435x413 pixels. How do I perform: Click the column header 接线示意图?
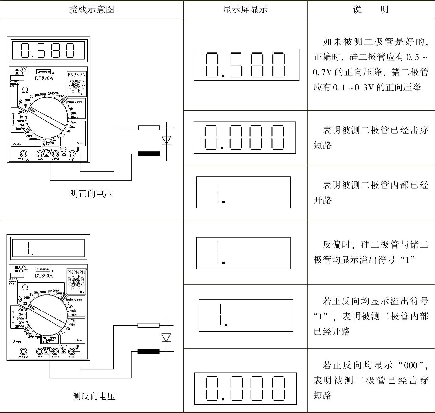click(x=91, y=10)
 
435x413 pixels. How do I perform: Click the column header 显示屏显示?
click(x=245, y=10)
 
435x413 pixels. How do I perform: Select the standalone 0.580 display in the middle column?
click(x=246, y=65)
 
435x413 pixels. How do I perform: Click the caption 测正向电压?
click(x=91, y=194)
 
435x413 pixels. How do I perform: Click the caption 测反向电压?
click(x=94, y=396)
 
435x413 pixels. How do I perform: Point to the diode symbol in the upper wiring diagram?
click(x=166, y=140)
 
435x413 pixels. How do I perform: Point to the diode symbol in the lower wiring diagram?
click(x=166, y=338)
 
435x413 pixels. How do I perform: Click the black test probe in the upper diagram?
click(x=149, y=154)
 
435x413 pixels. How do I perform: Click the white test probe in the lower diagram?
click(x=149, y=325)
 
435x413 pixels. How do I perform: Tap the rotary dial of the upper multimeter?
click(x=47, y=117)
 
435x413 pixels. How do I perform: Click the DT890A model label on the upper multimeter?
click(x=44, y=78)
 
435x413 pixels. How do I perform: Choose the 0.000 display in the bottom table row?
click(x=246, y=388)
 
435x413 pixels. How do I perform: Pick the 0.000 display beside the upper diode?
click(x=244, y=137)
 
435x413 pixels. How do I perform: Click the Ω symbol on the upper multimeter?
click(x=25, y=90)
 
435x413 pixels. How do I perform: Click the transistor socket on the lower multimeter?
click(x=76, y=282)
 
